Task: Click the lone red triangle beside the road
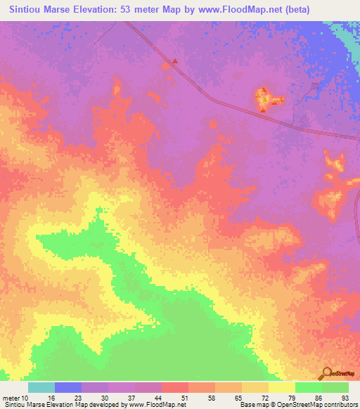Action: (176, 60)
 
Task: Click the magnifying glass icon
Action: (326, 373)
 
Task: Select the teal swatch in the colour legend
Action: (41, 387)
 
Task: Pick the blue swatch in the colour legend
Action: (68, 387)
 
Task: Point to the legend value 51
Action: (184, 398)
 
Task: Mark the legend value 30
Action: (104, 398)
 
